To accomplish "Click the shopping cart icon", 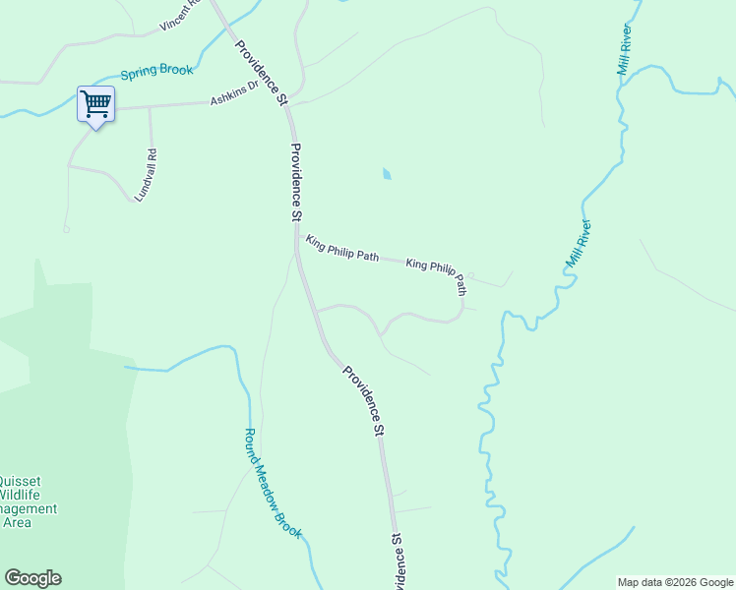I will point(95,103).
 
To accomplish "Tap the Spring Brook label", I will point(157,72).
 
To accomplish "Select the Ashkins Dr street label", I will point(233,92).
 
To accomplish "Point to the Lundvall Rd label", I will point(146,175).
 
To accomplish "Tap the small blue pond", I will point(387,174).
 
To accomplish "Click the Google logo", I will point(32,578).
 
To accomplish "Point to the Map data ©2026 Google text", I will point(675,582).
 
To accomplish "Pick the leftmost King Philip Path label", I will point(341,248).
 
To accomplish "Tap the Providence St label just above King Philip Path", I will point(296,182).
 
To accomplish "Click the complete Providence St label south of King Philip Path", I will point(362,399).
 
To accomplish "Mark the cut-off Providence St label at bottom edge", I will point(399,562).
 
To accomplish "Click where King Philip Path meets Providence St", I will point(297,236).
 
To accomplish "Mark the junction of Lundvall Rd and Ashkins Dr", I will point(150,105).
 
